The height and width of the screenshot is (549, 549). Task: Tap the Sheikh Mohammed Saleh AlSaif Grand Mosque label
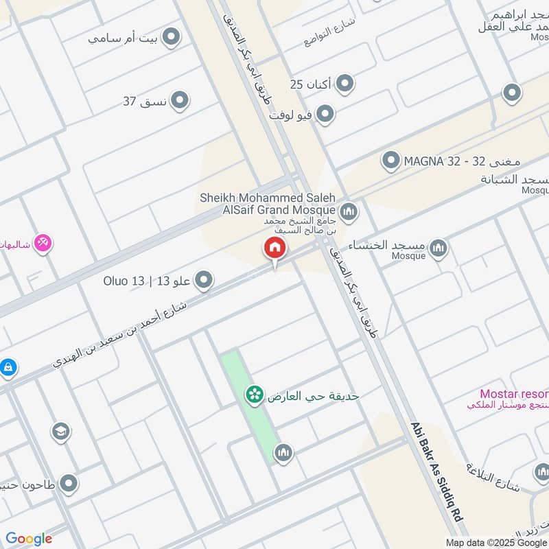pos(268,204)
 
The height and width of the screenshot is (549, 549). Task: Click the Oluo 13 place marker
pos(203,280)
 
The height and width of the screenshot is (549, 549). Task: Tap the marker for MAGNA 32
pos(391,161)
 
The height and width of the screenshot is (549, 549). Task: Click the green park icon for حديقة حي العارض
pos(255,395)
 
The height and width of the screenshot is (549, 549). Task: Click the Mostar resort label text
pos(514,394)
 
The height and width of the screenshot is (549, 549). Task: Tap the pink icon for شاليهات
pos(43,243)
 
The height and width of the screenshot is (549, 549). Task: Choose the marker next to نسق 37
pos(180,102)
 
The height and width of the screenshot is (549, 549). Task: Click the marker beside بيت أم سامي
pos(171,37)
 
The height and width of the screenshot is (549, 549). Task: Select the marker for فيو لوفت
pos(325,114)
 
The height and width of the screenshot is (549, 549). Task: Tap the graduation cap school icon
pos(60,431)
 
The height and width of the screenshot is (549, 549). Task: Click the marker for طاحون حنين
pos(68,484)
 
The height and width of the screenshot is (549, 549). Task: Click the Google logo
pos(29,539)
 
